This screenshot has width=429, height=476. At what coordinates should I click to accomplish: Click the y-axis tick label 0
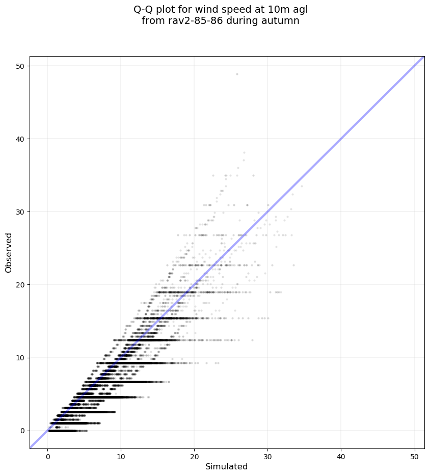coord(22,431)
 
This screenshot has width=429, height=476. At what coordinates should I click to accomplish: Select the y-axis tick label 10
coord(20,358)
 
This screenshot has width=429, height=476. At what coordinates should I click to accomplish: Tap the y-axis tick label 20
coord(20,284)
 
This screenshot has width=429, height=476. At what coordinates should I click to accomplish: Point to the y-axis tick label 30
coord(20,211)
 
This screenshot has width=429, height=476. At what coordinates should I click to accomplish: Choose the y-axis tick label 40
coord(20,139)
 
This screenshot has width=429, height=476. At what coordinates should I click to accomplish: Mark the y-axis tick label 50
coord(20,66)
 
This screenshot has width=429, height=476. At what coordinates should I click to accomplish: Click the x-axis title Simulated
coord(226,467)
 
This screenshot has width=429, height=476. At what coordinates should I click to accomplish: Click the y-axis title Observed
coord(9,252)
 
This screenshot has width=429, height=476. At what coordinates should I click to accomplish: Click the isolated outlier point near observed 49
coord(237,74)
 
